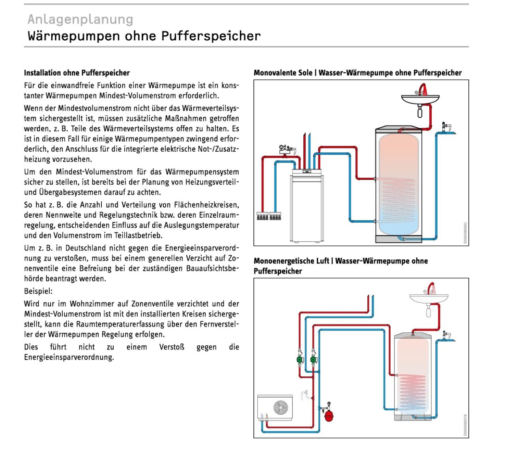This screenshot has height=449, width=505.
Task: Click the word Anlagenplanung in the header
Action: tap(80, 19)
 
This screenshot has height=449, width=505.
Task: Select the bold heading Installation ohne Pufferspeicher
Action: tap(77, 73)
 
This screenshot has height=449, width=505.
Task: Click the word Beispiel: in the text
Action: tap(38, 291)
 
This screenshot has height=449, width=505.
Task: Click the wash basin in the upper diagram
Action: tap(419, 98)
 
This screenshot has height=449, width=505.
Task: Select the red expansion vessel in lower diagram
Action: tap(328, 414)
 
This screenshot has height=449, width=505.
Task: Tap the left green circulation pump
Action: tap(300, 360)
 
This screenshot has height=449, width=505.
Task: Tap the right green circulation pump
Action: tap(313, 360)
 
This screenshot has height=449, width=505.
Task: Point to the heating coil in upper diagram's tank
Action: tap(397, 198)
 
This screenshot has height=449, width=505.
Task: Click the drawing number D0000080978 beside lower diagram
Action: tap(465, 425)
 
